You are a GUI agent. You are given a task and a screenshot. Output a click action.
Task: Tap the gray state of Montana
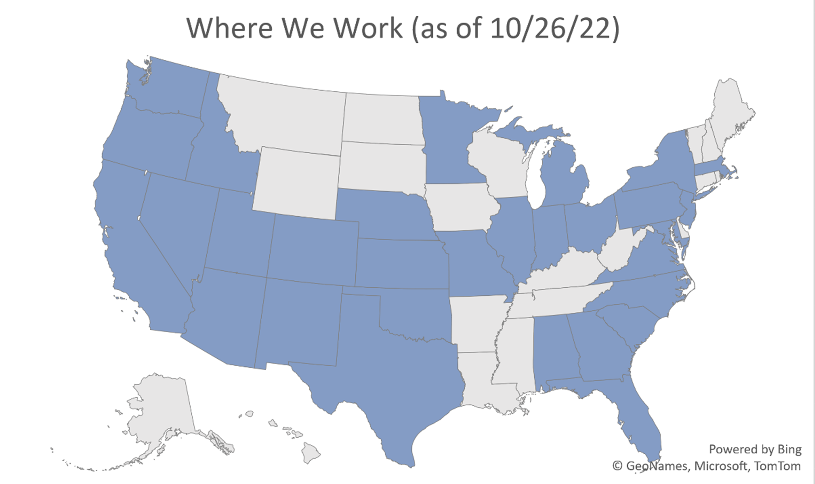(287, 117)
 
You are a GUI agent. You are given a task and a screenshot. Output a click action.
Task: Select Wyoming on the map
(297, 183)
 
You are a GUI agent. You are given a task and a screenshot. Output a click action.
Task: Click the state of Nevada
(176, 222)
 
